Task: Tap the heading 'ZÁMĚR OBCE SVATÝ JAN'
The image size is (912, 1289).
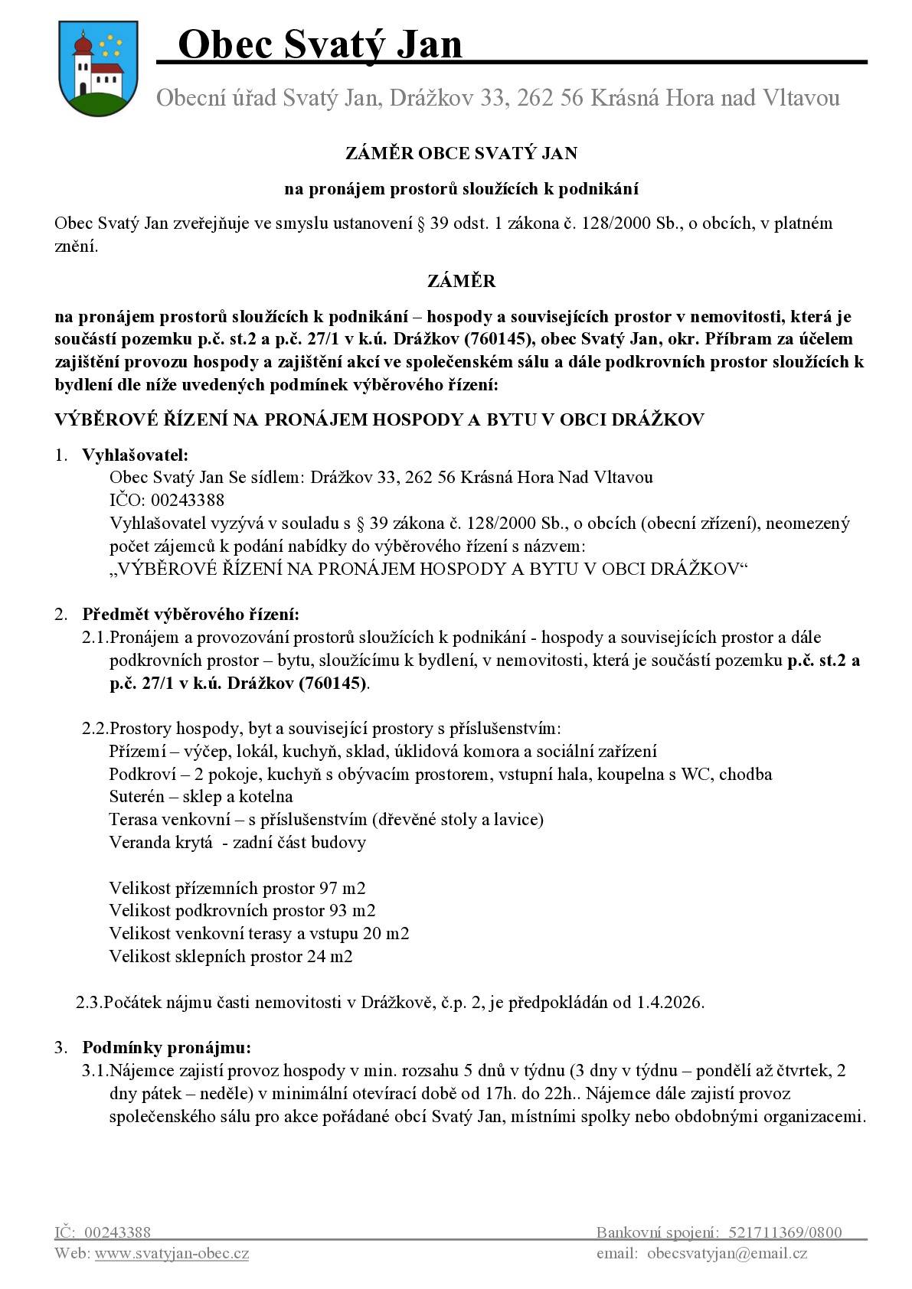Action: tap(461, 153)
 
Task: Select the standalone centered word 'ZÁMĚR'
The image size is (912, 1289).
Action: tap(461, 281)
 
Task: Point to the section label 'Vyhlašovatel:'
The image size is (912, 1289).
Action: tap(135, 455)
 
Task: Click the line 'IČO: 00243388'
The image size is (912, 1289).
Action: tap(167, 501)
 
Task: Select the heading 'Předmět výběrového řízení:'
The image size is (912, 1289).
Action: tap(191, 614)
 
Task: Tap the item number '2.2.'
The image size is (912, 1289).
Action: tap(95, 728)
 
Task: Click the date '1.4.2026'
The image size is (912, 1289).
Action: tap(669, 1002)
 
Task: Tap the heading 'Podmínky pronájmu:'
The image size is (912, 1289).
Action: tap(166, 1047)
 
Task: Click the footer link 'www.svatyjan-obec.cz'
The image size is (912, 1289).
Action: tap(172, 1254)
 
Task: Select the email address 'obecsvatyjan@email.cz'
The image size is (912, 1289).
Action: tap(727, 1254)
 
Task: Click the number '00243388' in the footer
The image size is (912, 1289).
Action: tap(117, 1232)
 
